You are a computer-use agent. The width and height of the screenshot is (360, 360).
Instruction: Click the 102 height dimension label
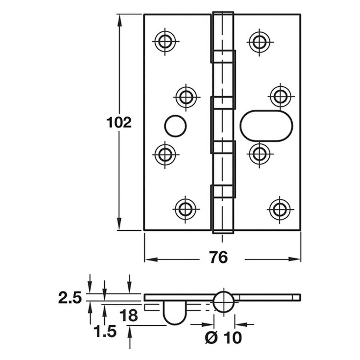coord(119,123)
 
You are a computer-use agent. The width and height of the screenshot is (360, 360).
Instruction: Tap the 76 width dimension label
coord(218,257)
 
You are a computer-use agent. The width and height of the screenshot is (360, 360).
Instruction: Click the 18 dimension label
coord(128,316)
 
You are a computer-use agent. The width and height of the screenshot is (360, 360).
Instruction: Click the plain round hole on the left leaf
coord(175,126)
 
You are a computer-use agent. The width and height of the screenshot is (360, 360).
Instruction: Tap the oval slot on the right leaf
coord(266,126)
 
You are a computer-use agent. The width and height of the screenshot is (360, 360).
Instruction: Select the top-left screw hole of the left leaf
coord(165,41)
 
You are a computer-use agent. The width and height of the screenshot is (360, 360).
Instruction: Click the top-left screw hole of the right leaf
coord(259,42)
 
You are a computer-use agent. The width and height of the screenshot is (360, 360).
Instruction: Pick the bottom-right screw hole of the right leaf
coord(280,210)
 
